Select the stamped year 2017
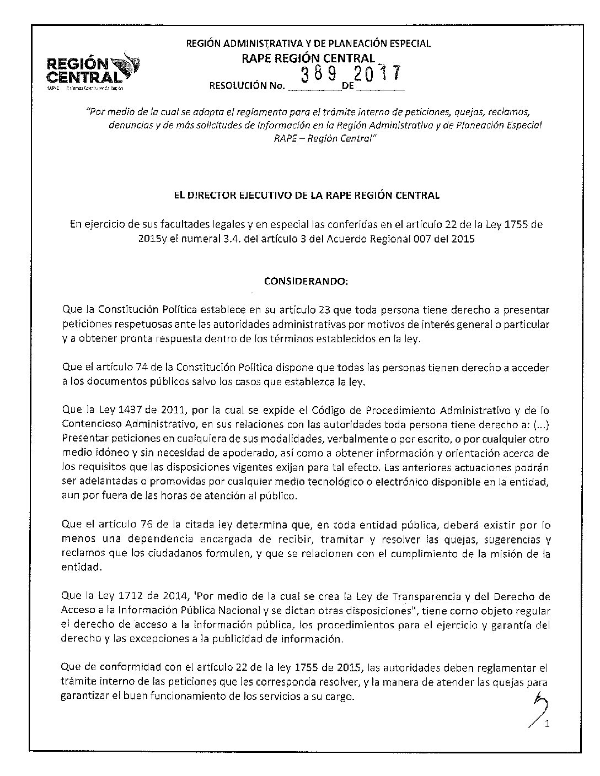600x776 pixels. coord(379,73)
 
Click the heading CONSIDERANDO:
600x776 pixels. coord(307,281)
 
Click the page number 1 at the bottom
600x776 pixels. coord(547,724)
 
